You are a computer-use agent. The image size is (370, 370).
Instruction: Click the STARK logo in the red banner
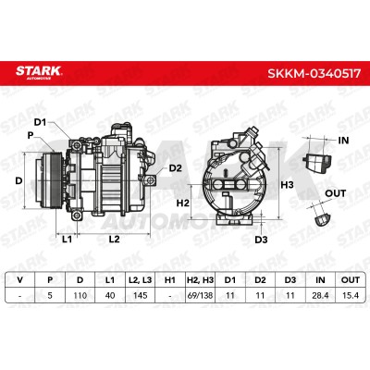39,72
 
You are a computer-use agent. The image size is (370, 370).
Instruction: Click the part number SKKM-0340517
314,73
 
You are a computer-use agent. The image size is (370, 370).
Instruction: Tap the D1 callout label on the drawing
40,122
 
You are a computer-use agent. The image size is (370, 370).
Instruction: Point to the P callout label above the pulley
31,135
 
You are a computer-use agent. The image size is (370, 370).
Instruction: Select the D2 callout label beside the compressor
176,168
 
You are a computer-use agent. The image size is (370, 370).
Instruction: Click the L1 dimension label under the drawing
67,239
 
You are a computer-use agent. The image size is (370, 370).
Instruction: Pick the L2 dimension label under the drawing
114,239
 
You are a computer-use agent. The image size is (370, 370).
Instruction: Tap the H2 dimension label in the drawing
183,203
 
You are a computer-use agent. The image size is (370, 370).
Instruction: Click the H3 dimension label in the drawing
287,185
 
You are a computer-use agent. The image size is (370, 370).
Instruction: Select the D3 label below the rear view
261,240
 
